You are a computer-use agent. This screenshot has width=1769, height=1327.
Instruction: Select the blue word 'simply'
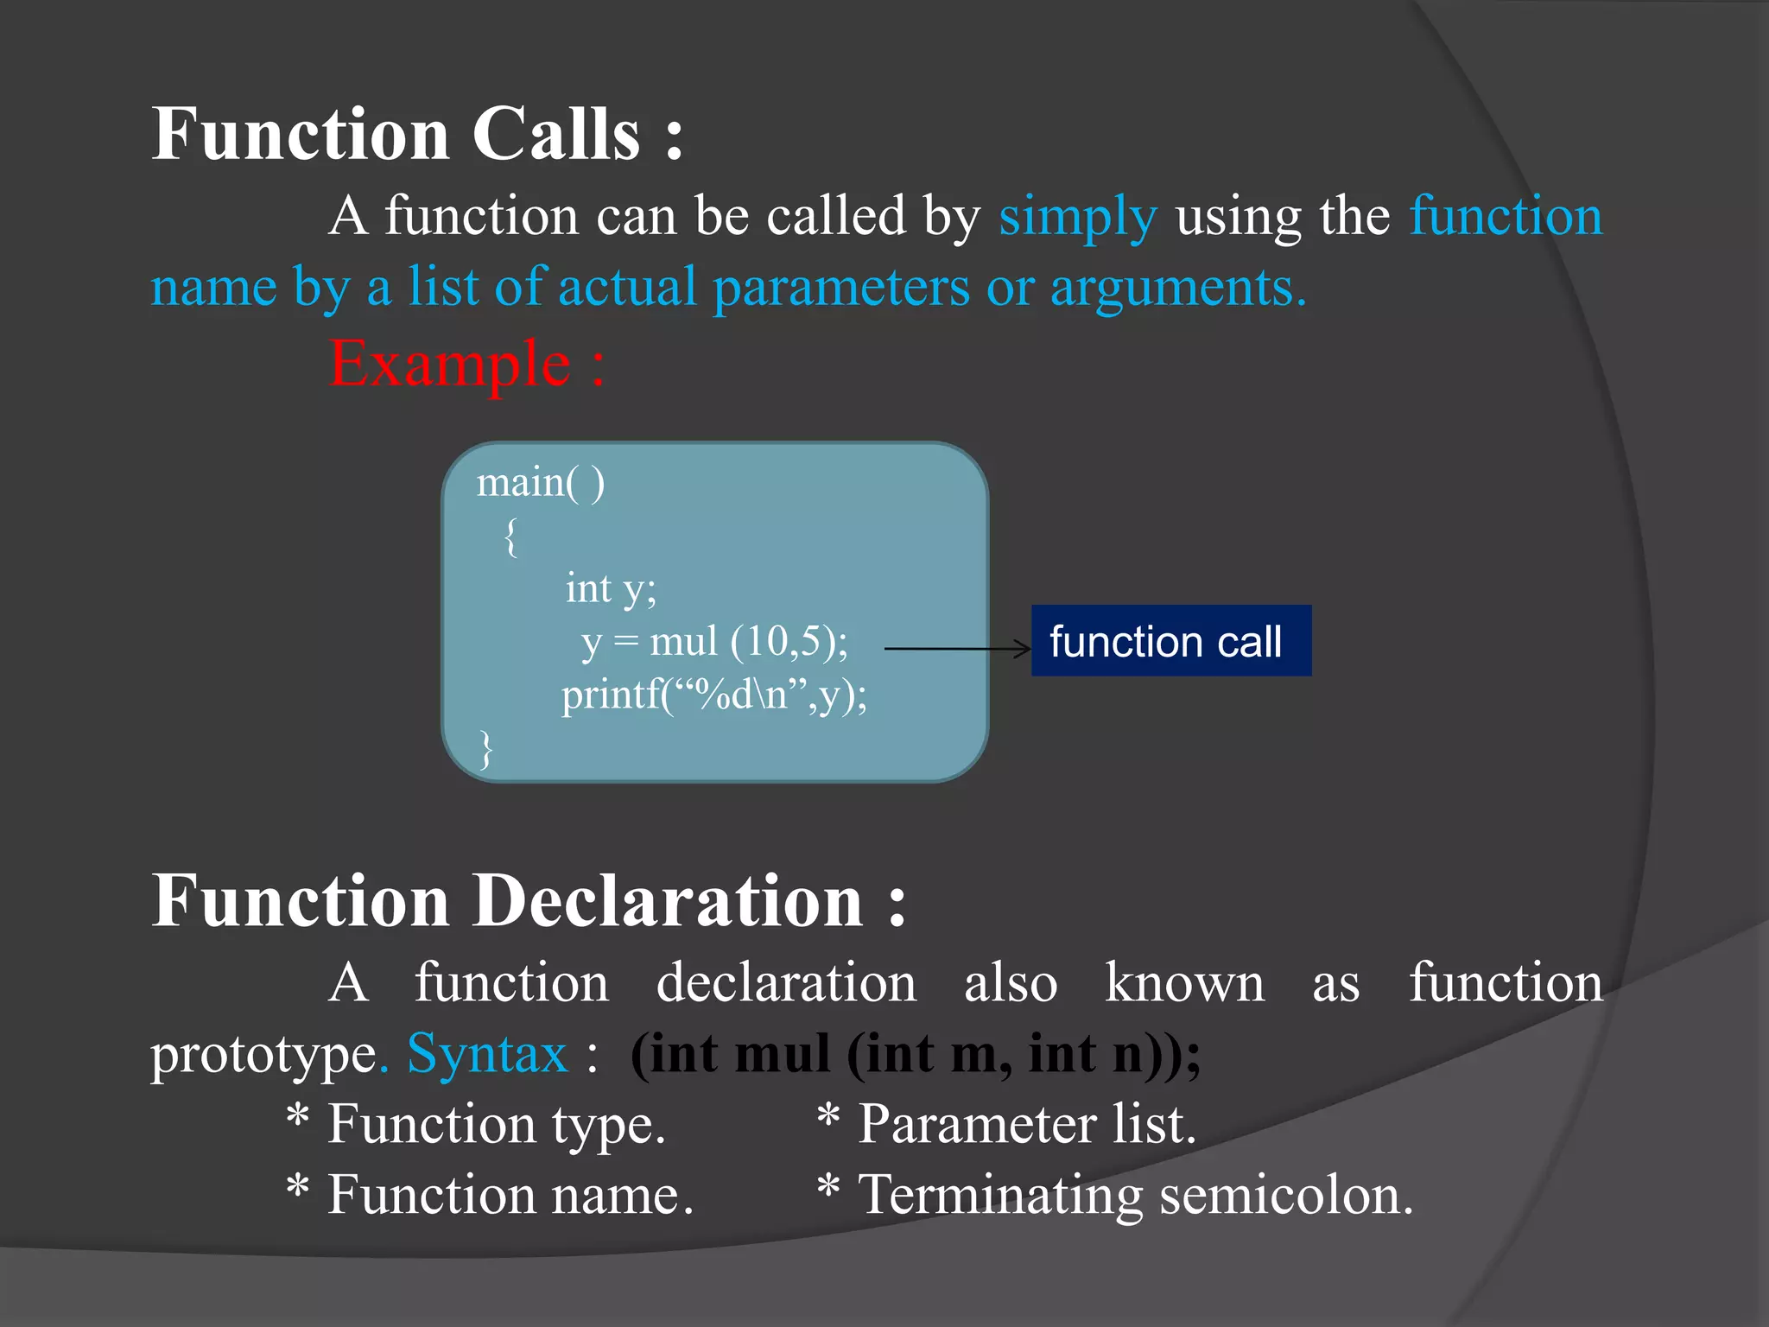click(1077, 216)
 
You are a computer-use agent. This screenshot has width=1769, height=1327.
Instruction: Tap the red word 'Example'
click(449, 364)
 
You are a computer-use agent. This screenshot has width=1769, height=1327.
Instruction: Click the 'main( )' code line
click(541, 482)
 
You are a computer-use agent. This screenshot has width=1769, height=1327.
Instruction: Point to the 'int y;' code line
click(611, 588)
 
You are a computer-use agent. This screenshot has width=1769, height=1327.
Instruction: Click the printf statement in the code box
click(713, 695)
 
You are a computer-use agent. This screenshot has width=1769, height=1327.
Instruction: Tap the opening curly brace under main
click(511, 537)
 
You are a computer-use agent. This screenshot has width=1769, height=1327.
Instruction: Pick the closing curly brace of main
click(486, 748)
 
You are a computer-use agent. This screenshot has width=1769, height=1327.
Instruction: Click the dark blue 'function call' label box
click(1170, 641)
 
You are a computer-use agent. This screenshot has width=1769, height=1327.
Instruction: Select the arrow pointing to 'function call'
click(957, 648)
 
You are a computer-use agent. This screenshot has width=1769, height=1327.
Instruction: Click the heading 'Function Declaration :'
click(529, 900)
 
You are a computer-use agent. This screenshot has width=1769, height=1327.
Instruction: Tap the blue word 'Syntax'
click(487, 1054)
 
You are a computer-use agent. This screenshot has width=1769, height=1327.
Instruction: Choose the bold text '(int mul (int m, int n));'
click(916, 1054)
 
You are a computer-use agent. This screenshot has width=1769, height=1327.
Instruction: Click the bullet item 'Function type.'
click(496, 1125)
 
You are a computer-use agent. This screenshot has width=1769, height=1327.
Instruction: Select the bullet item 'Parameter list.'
click(1026, 1125)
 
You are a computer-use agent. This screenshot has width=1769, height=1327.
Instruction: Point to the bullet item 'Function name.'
click(510, 1196)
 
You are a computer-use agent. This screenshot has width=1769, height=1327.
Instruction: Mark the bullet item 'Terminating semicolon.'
click(1134, 1196)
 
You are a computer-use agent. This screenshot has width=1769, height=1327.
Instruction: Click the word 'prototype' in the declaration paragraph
click(263, 1056)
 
